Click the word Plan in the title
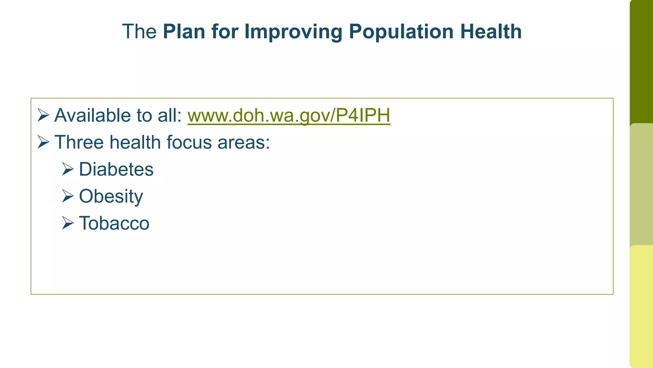[184, 32]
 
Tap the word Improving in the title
[293, 32]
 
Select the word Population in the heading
[401, 32]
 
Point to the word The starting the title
[139, 32]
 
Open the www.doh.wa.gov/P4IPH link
[289, 115]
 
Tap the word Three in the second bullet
[79, 142]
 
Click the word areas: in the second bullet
[244, 142]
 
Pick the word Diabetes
[116, 169]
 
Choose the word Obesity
[111, 196]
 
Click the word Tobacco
[114, 223]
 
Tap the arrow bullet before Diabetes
[68, 169]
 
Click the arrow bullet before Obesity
[68, 196]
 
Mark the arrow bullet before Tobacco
[68, 223]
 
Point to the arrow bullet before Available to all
[43, 115]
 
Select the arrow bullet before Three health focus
[43, 142]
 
